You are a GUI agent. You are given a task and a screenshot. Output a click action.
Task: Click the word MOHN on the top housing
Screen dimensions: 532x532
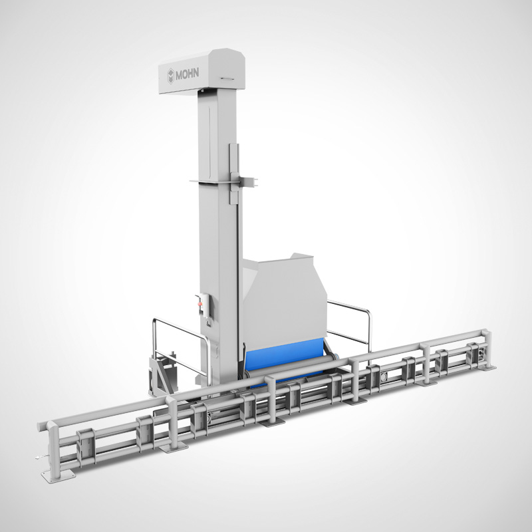[187, 73]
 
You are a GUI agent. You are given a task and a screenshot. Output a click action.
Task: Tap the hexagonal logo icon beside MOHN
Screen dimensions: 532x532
[170, 74]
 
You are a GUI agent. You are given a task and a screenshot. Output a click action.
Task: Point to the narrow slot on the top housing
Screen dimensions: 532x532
[227, 78]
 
